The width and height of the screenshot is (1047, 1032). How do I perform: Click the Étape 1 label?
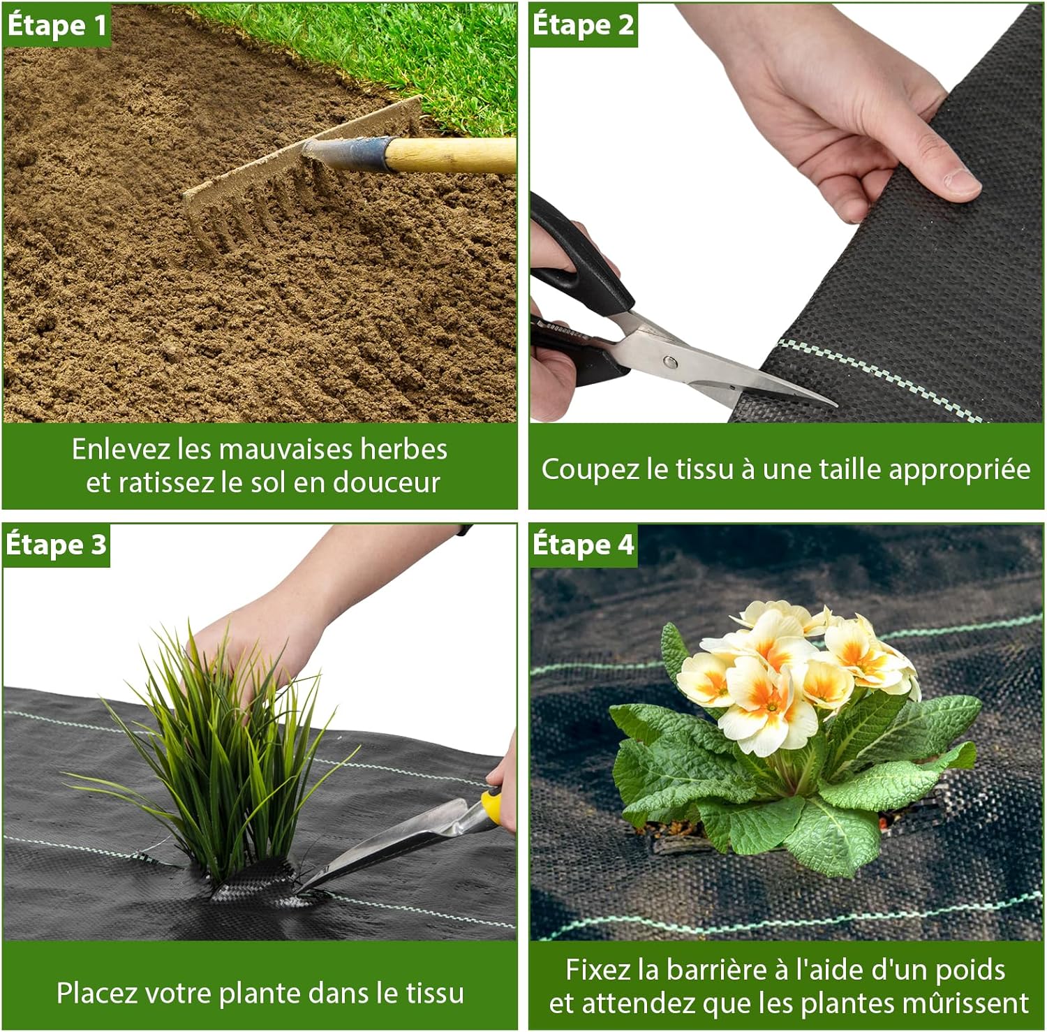click(57, 26)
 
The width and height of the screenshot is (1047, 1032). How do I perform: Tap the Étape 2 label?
click(583, 26)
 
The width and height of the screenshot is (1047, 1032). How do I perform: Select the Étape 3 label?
click(57, 545)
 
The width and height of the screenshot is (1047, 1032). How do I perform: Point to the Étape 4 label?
click(583, 545)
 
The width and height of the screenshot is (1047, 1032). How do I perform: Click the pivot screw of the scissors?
click(669, 361)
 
